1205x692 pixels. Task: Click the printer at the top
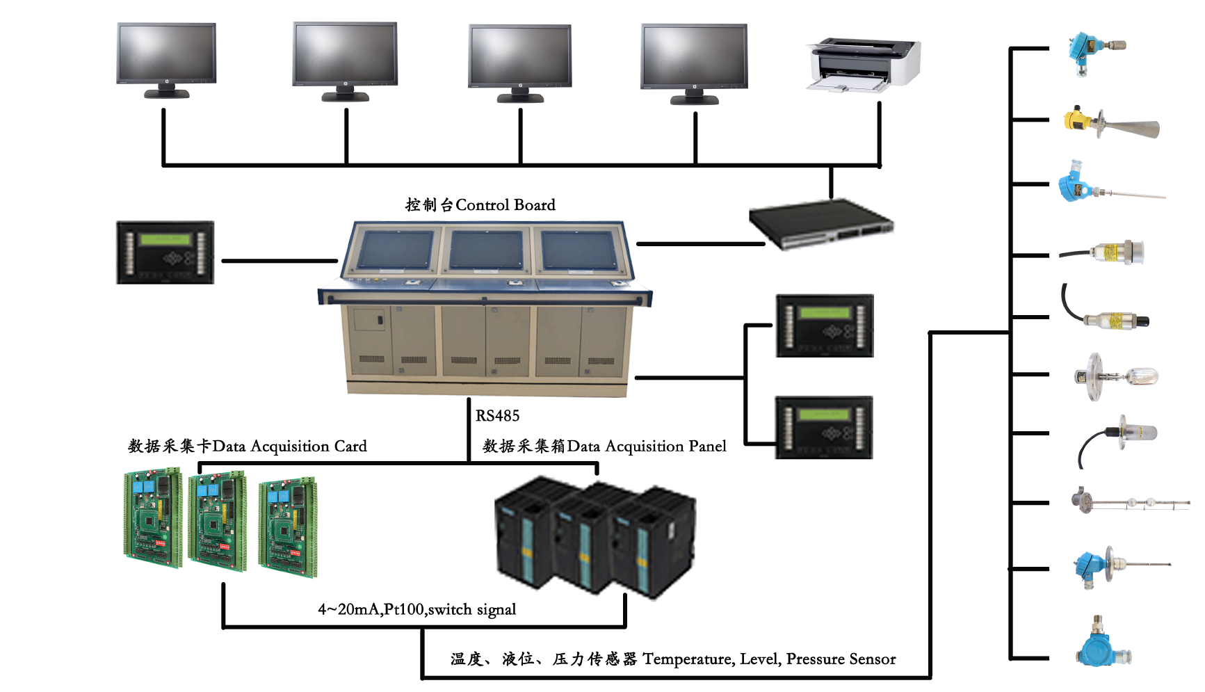tap(864, 64)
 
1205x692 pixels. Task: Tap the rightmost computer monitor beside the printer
tap(694, 57)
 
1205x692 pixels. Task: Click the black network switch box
tap(821, 223)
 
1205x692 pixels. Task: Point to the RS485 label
tap(497, 416)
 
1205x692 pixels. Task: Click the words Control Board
tap(506, 205)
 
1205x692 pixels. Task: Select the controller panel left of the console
tap(165, 252)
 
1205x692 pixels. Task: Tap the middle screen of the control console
tap(486, 250)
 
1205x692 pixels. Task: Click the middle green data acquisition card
tap(218, 520)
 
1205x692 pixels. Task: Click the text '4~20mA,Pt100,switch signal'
tap(417, 610)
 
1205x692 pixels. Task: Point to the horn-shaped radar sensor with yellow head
tap(1110, 124)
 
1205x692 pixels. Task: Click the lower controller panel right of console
tap(824, 428)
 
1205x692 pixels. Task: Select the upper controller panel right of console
tap(825, 325)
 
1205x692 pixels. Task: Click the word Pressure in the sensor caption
tap(817, 659)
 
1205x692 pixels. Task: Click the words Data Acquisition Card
tap(289, 446)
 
